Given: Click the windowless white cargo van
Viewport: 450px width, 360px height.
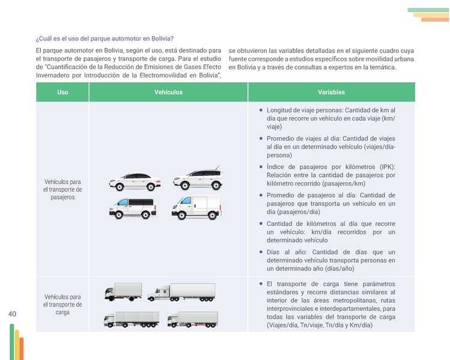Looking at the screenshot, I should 196,207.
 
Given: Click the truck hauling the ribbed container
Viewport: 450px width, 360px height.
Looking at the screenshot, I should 132,319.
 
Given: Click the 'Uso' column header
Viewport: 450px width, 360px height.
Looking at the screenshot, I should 62,93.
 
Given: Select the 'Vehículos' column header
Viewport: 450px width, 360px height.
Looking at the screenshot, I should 168,93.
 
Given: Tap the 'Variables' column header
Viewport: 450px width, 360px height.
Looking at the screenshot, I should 331,93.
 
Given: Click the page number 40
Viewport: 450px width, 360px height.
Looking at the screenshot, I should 13,314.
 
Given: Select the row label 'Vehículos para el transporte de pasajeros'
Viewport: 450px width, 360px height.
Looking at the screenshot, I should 62,189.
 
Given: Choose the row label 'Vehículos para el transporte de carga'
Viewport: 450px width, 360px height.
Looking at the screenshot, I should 62,305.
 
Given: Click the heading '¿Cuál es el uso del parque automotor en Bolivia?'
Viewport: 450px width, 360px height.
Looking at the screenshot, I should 105,38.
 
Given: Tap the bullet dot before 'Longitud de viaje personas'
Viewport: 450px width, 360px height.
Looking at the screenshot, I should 261,111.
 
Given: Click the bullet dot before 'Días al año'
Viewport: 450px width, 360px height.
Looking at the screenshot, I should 261,252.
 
